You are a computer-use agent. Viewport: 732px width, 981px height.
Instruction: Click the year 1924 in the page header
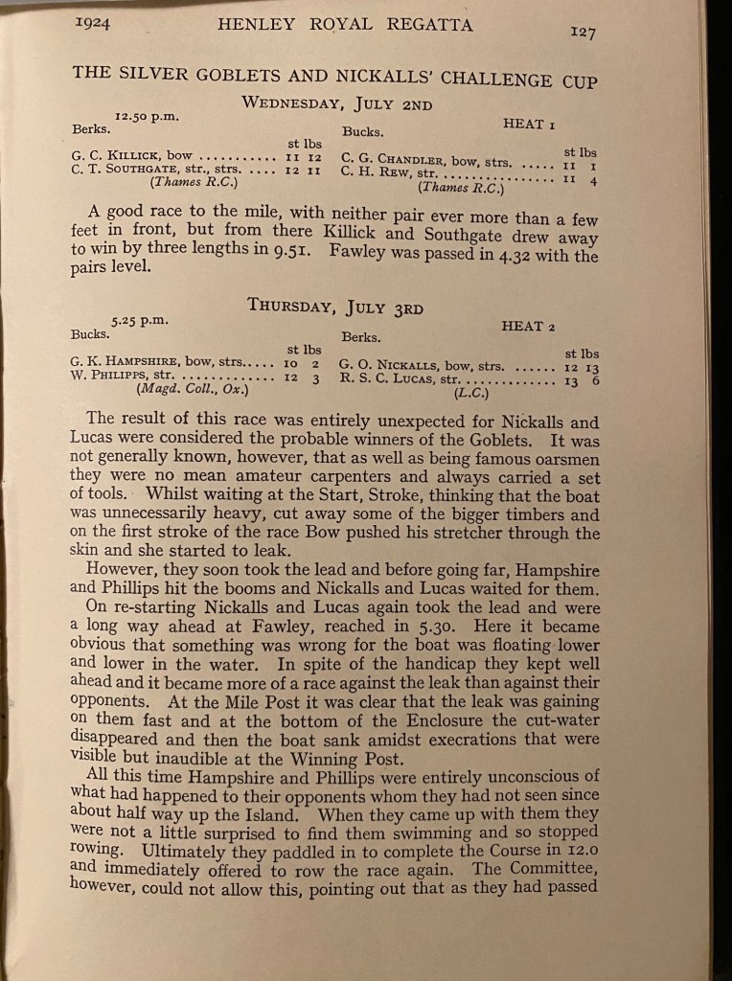click(x=92, y=25)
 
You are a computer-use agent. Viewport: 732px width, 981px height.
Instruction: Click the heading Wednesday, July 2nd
click(x=336, y=103)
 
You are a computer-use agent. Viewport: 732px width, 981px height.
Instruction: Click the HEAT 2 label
click(x=528, y=326)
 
